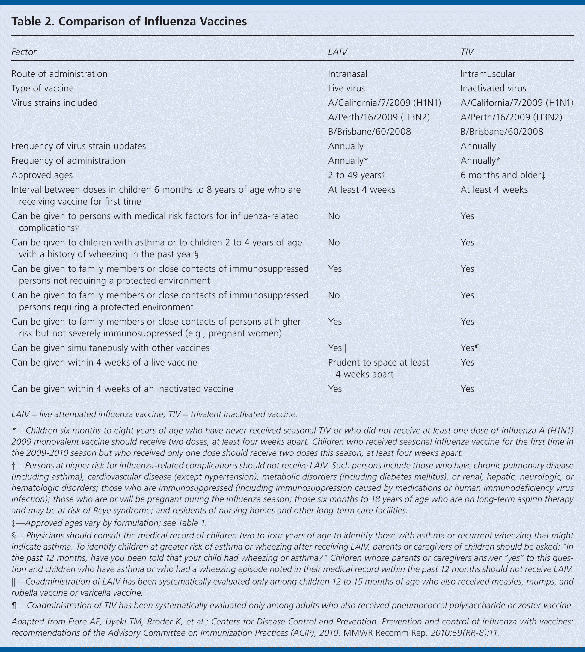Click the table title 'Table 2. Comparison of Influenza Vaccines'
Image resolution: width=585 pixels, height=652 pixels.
[129, 22]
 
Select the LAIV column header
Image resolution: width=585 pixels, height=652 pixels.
[337, 52]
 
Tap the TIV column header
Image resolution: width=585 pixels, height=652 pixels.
[467, 52]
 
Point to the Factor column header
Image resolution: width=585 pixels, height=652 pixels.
[24, 52]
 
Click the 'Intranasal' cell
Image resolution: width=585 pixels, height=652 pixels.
[347, 74]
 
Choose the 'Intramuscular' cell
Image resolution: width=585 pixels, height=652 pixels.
[488, 74]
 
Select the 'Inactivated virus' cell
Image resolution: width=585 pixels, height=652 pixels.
[493, 88]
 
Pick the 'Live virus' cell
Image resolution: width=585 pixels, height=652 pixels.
[346, 88]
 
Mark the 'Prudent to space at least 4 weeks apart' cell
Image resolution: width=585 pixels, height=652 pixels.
[378, 368]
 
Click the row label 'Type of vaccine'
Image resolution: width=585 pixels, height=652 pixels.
[43, 88]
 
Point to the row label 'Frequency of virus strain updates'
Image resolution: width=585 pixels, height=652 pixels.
[79, 146]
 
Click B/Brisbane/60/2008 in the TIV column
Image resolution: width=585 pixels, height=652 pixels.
[502, 132]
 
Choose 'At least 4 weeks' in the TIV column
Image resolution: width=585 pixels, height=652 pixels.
[494, 190]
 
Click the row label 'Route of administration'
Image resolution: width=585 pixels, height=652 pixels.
[59, 74]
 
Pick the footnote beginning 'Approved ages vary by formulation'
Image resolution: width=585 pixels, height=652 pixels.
[109, 523]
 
